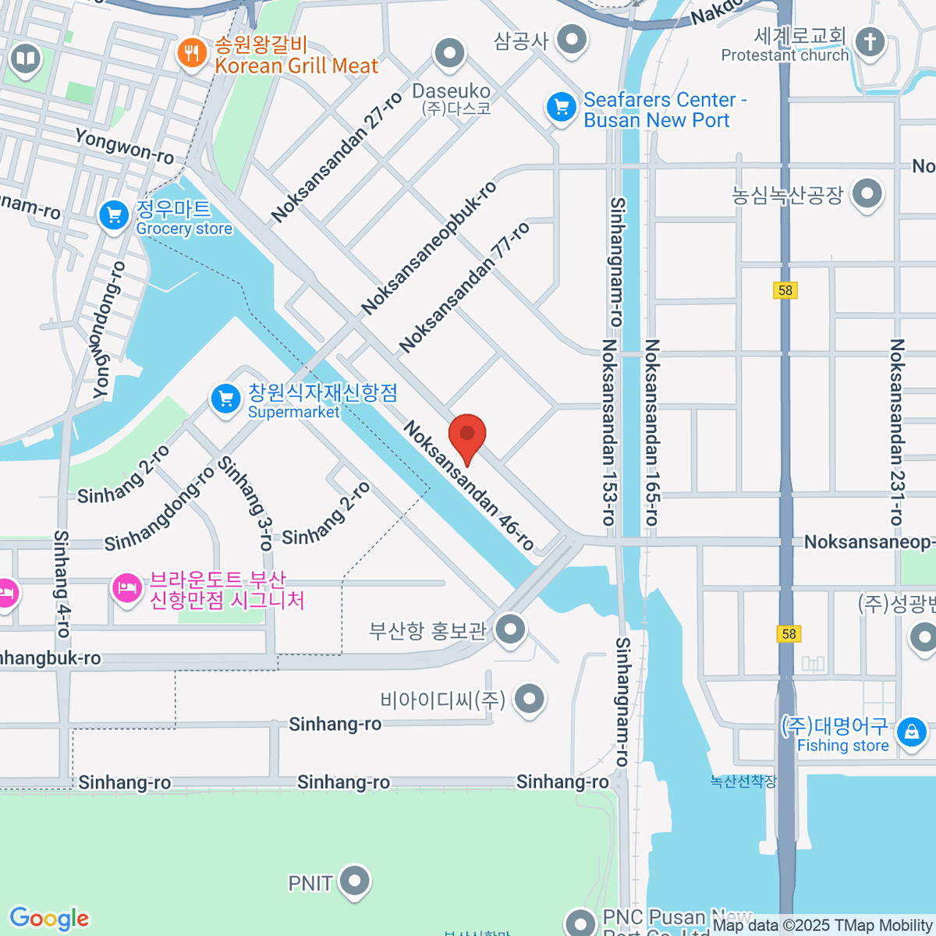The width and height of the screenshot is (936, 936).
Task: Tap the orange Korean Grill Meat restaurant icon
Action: coord(191,54)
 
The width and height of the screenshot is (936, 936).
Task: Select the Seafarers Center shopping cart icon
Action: coord(561,108)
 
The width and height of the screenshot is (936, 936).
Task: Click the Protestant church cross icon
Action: coord(870,42)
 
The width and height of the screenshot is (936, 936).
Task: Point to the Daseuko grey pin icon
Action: coord(449,55)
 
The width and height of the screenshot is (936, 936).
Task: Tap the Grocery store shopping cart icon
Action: coord(114,216)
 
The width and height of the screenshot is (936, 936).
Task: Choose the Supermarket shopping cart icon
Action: coord(225,399)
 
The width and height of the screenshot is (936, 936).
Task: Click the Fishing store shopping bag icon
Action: coord(911,732)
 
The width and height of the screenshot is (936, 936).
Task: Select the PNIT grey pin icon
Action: coord(355,881)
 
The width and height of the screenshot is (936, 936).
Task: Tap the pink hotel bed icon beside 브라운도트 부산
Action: coord(126,588)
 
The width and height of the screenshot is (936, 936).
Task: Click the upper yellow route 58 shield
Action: coord(785,290)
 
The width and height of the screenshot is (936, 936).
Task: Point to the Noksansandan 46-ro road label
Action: coord(469,485)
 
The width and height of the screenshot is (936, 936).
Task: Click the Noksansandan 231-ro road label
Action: coord(897,431)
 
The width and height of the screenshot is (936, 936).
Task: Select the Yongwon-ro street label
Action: coord(124,146)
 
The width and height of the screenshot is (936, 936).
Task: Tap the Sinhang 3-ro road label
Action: coord(245,503)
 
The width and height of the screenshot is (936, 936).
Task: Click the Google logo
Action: coord(49,919)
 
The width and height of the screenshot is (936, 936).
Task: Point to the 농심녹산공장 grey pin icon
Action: coord(867,194)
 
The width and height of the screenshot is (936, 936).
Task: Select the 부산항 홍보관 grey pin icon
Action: coord(510,629)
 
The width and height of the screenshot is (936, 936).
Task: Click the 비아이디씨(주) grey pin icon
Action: coord(530,699)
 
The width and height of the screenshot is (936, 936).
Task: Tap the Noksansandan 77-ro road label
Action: coord(465,287)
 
